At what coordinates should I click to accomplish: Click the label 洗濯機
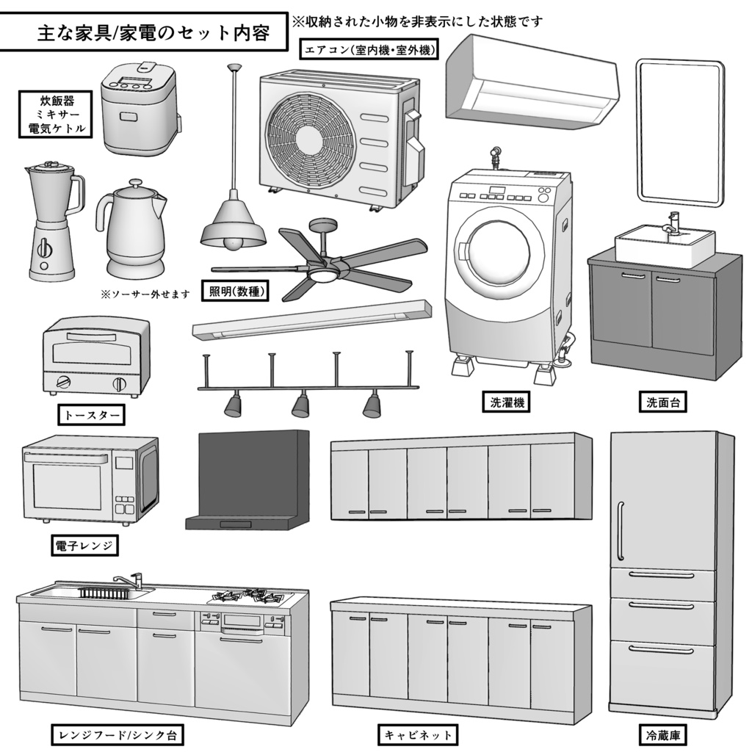(506, 402)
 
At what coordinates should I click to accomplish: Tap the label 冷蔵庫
(662, 734)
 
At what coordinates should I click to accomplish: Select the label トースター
(91, 416)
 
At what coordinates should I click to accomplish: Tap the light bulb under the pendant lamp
(233, 242)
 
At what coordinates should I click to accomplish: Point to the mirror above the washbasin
(679, 132)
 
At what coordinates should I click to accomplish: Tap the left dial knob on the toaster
(64, 382)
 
